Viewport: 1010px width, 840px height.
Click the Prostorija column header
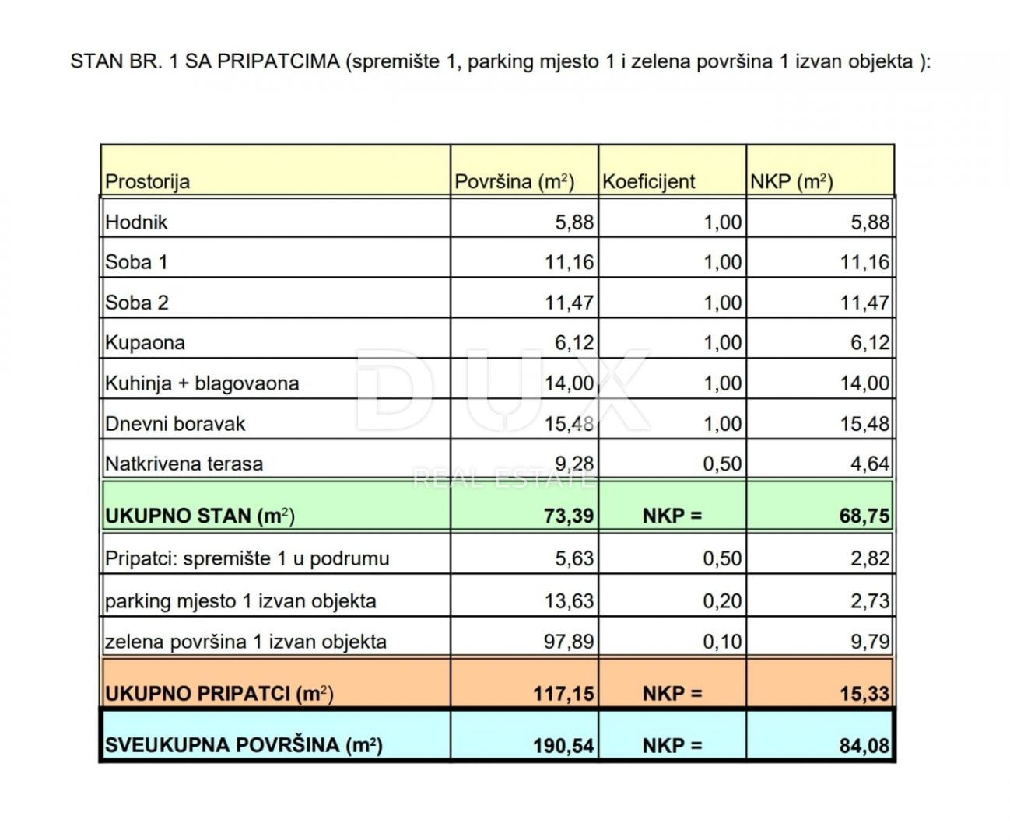(x=148, y=182)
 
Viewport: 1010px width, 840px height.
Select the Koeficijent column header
(x=648, y=182)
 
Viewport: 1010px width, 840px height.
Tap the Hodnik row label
(x=136, y=222)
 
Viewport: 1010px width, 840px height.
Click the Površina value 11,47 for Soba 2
(x=569, y=303)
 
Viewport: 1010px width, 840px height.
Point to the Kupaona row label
(x=145, y=343)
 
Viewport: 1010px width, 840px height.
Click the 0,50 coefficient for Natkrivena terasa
(x=722, y=464)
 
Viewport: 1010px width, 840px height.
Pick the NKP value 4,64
(x=869, y=464)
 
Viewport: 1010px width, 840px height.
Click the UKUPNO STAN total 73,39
(x=569, y=516)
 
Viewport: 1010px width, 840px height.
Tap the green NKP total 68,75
(x=864, y=516)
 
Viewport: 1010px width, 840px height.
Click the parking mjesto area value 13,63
(x=569, y=601)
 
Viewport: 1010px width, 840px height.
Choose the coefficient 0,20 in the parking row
(x=722, y=601)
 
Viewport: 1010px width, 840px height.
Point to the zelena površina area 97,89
(x=569, y=642)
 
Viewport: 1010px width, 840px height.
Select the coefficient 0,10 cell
(x=722, y=642)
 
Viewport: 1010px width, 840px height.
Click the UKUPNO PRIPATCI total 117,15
(x=563, y=693)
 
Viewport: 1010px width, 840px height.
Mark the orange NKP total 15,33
(x=864, y=693)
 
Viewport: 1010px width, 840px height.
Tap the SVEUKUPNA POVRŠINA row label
(x=244, y=745)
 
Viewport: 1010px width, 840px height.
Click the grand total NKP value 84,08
(x=864, y=746)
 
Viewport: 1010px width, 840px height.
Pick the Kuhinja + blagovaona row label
(x=202, y=383)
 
